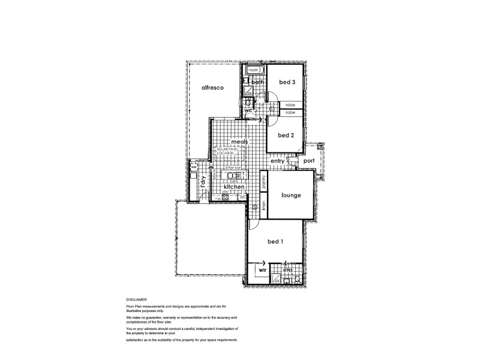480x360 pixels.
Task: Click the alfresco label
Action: coord(212,88)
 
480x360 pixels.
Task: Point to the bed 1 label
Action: coord(275,241)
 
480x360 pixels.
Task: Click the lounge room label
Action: coord(290,196)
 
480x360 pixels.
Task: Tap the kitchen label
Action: coord(234,187)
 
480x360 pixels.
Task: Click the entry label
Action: coord(277,161)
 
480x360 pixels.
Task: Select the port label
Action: coord(309,161)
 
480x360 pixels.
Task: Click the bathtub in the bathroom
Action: coord(254,70)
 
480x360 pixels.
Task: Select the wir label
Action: coord(262,271)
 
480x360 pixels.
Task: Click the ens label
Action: coord(288,271)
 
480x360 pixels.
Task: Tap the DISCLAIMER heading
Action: coord(136,298)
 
